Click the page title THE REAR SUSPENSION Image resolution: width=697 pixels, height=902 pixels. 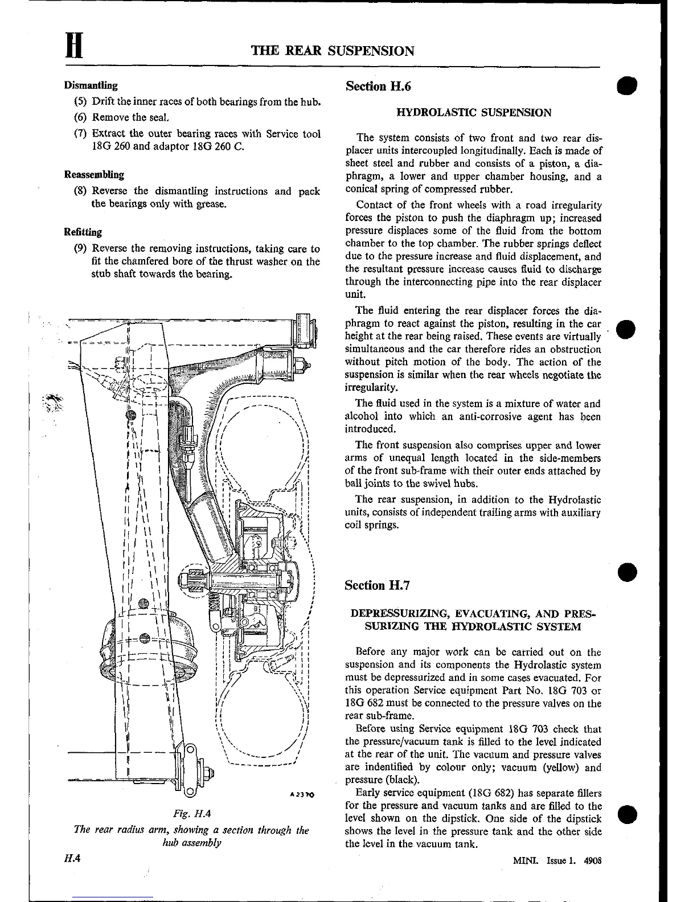(x=333, y=51)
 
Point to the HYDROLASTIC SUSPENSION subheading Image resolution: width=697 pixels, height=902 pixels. (x=474, y=113)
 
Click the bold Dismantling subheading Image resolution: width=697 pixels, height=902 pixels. (x=91, y=86)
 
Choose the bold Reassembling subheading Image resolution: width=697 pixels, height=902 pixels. (x=94, y=174)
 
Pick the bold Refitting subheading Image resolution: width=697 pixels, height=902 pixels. (x=83, y=232)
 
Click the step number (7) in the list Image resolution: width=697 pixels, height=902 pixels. (x=80, y=134)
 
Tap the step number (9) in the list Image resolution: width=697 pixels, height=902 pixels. (x=80, y=249)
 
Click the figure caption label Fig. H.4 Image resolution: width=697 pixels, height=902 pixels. (x=191, y=813)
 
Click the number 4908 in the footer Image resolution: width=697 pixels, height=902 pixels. (x=592, y=861)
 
